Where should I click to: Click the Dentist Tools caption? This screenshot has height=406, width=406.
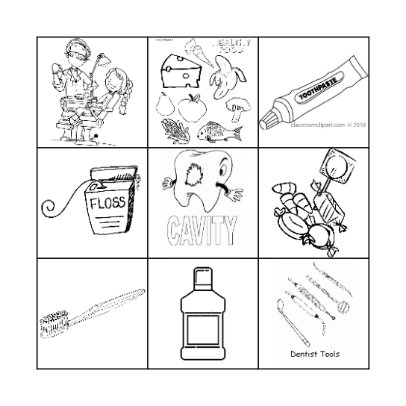[314, 355]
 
